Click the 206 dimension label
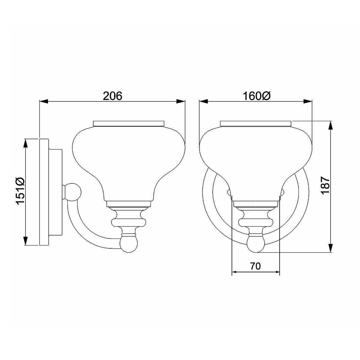(x=113, y=96)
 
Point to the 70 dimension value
(x=255, y=266)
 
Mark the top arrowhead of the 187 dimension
(x=331, y=125)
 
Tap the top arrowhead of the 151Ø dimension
(x=26, y=143)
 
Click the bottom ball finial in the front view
(x=256, y=243)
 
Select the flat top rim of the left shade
(x=129, y=123)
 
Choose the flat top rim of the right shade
(x=256, y=123)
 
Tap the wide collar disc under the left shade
(x=129, y=222)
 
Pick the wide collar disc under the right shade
(x=256, y=222)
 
